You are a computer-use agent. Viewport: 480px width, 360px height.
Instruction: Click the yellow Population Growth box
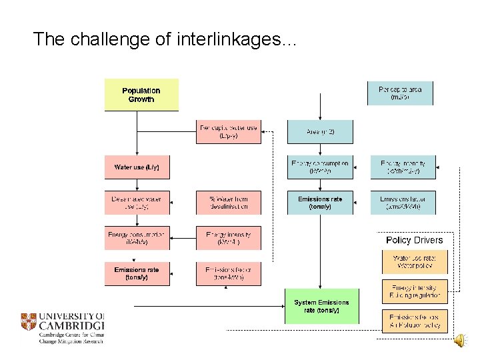(141, 95)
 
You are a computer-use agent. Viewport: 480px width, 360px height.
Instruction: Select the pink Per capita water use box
(228, 131)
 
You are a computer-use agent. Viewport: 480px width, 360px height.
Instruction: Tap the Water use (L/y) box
(137, 167)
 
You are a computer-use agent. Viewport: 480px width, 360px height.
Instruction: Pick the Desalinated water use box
(137, 203)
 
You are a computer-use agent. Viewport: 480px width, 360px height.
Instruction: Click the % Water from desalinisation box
(228, 203)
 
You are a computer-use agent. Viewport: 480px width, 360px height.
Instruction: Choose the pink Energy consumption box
(137, 238)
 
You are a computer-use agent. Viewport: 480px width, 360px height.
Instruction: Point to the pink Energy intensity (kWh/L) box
(228, 238)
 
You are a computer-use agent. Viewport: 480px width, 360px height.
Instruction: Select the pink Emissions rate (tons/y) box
(137, 273)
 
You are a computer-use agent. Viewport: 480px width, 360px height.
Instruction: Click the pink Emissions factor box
(228, 273)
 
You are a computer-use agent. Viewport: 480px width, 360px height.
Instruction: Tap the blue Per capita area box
(400, 93)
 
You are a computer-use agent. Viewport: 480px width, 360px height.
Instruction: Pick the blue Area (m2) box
(319, 131)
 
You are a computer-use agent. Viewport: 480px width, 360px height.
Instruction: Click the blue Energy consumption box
(319, 167)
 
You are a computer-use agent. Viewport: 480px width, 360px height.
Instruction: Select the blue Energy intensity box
(403, 167)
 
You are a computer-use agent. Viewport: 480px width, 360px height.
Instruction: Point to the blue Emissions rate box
(319, 203)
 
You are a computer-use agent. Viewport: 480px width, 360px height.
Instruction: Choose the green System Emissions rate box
(321, 307)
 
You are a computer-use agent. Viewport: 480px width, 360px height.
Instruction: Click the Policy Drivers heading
(414, 240)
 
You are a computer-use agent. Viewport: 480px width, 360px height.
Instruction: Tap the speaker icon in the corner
(459, 341)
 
